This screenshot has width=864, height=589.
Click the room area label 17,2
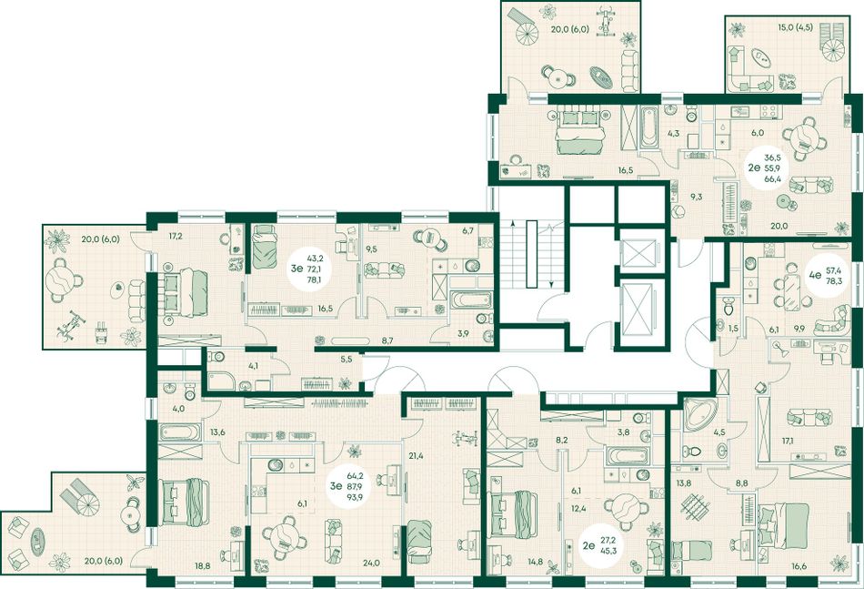[175, 236]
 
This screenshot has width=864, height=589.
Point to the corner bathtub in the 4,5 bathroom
[699, 414]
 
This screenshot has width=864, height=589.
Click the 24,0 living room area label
[371, 564]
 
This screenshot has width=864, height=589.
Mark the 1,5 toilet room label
[732, 329]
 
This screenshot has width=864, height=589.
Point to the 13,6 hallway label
[217, 432]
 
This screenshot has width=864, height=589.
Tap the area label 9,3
[697, 197]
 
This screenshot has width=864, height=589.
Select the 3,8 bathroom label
[623, 432]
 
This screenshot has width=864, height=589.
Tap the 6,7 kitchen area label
[467, 230]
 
